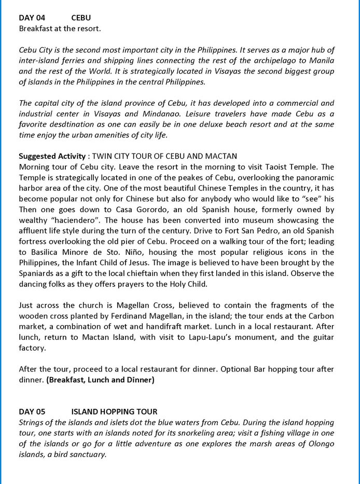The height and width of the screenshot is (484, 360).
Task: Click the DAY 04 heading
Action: coord(32,18)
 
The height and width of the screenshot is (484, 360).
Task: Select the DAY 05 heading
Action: coord(32,411)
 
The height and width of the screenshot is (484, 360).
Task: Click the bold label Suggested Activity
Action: coord(52,156)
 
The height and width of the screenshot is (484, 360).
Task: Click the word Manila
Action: coord(321,61)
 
